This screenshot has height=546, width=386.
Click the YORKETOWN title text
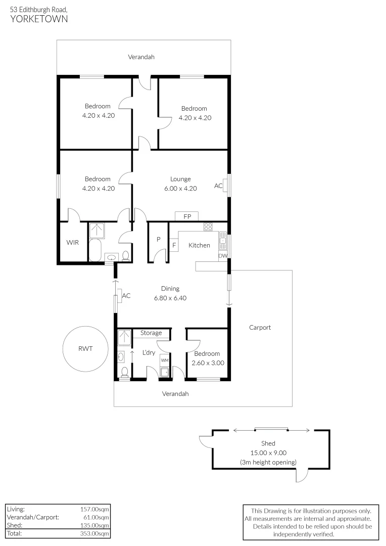[39, 19]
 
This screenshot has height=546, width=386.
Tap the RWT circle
[85, 348]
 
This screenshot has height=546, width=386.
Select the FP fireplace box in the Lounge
[187, 216]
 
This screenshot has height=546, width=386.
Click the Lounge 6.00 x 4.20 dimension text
[180, 188]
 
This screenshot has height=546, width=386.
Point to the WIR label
[73, 243]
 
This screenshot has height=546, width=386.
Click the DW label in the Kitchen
[223, 256]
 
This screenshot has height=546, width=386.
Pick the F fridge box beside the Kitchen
[174, 246]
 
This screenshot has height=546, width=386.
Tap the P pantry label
[158, 240]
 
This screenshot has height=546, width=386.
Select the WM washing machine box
[165, 360]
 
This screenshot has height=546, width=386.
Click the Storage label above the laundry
[151, 333]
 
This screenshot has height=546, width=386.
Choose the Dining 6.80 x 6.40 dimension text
[170, 298]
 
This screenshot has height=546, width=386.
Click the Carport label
[260, 327]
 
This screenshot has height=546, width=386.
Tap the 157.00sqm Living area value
[94, 509]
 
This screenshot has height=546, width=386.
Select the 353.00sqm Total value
[94, 533]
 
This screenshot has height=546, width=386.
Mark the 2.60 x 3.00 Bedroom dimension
[208, 362]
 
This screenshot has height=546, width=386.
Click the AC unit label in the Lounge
[218, 186]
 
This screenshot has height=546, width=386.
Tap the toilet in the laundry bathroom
[124, 373]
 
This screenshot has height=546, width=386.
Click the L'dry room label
[149, 352]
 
